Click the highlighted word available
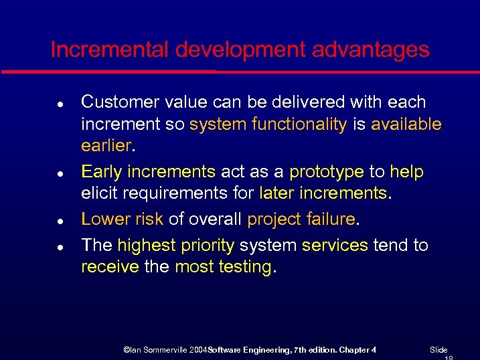click(x=406, y=124)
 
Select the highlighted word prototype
click(x=327, y=172)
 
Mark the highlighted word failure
click(x=330, y=219)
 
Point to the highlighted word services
click(x=335, y=246)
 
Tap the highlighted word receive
click(x=110, y=267)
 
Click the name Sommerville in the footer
click(x=169, y=350)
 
